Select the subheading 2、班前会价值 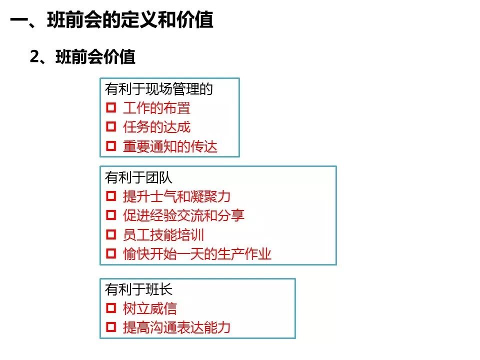tap(83, 57)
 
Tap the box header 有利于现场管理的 tap(159, 89)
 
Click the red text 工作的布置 tap(156, 108)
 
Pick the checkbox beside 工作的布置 tap(111, 108)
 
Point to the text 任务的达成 tap(156, 127)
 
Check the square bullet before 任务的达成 tap(111, 127)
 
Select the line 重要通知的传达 tap(170, 146)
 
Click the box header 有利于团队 tap(138, 177)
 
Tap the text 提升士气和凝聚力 tap(176, 196)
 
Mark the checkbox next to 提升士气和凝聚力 tap(111, 196)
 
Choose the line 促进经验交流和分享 tap(183, 215)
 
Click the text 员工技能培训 tap(163, 235)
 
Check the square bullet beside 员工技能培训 tap(111, 235)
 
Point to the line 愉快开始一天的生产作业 tap(197, 254)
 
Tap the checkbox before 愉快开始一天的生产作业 tap(111, 254)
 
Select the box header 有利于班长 tap(138, 289)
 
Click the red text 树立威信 tap(149, 308)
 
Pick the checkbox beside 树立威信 tap(111, 308)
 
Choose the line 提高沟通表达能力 tap(176, 327)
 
